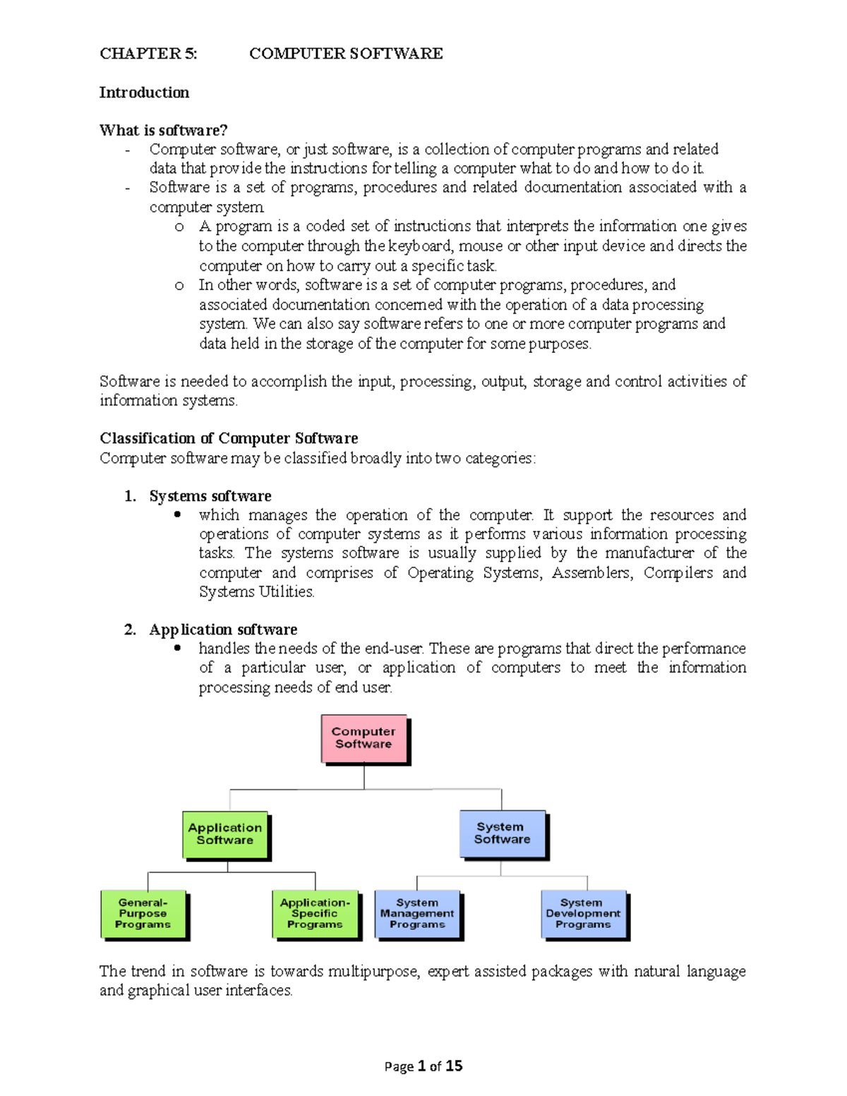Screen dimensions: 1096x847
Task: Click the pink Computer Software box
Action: tap(364, 738)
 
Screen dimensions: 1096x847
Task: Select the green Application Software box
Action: tap(225, 834)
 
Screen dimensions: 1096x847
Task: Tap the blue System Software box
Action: tap(502, 833)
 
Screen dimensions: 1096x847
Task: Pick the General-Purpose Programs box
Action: tap(143, 914)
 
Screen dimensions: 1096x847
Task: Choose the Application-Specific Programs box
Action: tap(315, 914)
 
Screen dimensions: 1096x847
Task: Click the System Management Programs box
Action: tap(417, 914)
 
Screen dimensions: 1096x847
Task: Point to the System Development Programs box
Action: tap(583, 914)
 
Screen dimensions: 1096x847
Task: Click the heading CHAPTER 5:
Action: tap(148, 54)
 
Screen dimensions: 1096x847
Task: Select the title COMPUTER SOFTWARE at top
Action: tap(346, 54)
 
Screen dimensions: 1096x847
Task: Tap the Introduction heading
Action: tap(144, 92)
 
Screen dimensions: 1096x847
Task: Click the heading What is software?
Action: tap(163, 131)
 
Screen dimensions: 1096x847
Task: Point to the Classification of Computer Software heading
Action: tap(229, 438)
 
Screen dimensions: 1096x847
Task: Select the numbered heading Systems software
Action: tap(210, 496)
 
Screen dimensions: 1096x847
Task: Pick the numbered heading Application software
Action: tap(223, 630)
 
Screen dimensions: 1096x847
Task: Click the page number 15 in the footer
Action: tap(454, 1066)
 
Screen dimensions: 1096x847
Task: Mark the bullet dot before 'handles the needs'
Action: tap(178, 648)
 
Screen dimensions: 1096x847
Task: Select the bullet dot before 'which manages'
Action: tap(178, 515)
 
